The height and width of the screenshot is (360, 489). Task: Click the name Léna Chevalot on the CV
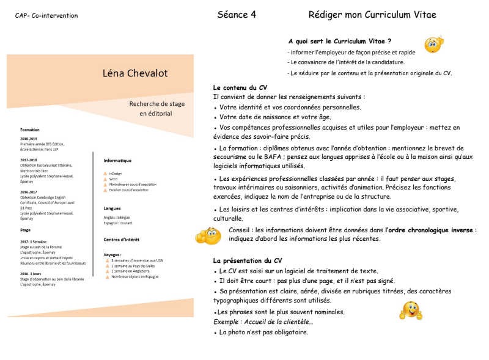point(135,74)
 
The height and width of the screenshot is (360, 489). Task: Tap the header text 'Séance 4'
point(236,15)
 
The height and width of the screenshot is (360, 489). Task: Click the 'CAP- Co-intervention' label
point(46,16)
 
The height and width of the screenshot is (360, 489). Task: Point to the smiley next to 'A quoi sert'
point(433,44)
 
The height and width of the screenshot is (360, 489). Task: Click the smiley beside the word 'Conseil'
point(208,235)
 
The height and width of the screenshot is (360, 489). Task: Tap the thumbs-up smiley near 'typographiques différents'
point(410,310)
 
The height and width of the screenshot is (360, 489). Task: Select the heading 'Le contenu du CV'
point(240,88)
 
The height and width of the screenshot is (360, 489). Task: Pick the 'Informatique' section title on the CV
point(117,160)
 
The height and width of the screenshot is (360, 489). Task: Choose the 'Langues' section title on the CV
point(112,208)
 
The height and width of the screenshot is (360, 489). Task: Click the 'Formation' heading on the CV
point(29,130)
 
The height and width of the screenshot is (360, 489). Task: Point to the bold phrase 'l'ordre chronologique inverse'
point(429,230)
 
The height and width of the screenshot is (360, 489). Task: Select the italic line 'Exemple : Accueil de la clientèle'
point(263,322)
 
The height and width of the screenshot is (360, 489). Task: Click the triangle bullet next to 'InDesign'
point(106,174)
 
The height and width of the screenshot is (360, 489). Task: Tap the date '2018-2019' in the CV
point(29,139)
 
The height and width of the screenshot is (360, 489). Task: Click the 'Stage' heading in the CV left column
point(26,230)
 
